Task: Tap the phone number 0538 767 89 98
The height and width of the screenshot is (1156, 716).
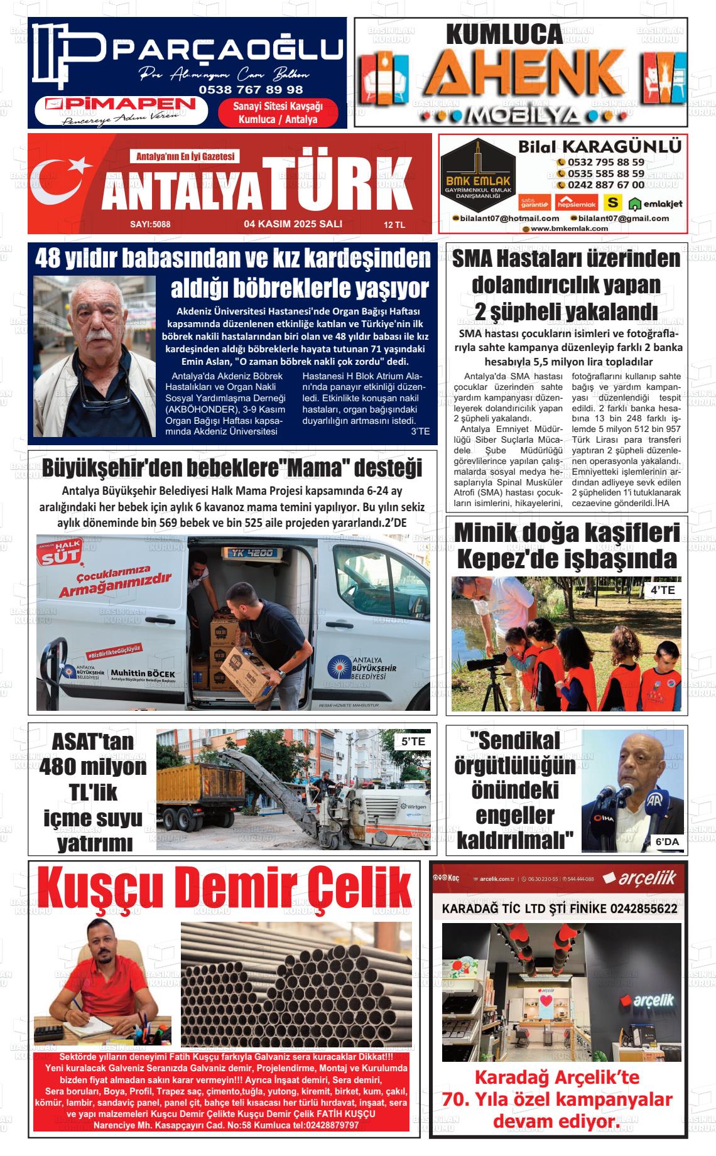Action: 251,89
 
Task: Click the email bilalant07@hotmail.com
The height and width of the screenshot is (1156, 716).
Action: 506,218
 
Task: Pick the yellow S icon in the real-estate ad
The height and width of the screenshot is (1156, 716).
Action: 612,202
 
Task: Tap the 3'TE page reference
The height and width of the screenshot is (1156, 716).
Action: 420,431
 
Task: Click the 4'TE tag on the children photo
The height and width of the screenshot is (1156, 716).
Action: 662,590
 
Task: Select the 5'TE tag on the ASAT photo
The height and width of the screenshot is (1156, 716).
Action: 413,742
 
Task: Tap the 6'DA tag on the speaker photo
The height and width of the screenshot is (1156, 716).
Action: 667,842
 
